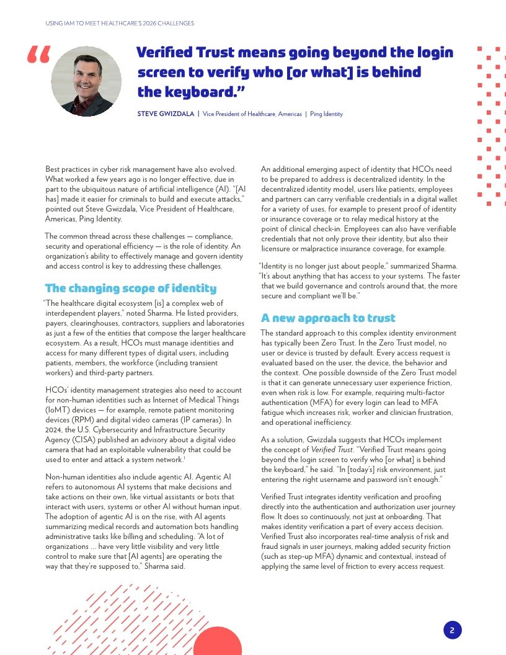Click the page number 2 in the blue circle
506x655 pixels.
click(452, 630)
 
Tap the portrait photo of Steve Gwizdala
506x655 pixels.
click(86, 81)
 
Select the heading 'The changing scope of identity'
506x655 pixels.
click(131, 288)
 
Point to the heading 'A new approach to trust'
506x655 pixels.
click(328, 318)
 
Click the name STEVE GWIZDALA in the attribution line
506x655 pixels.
click(165, 114)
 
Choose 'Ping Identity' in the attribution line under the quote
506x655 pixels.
click(326, 114)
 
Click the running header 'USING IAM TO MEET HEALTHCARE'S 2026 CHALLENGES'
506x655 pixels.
click(120, 24)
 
